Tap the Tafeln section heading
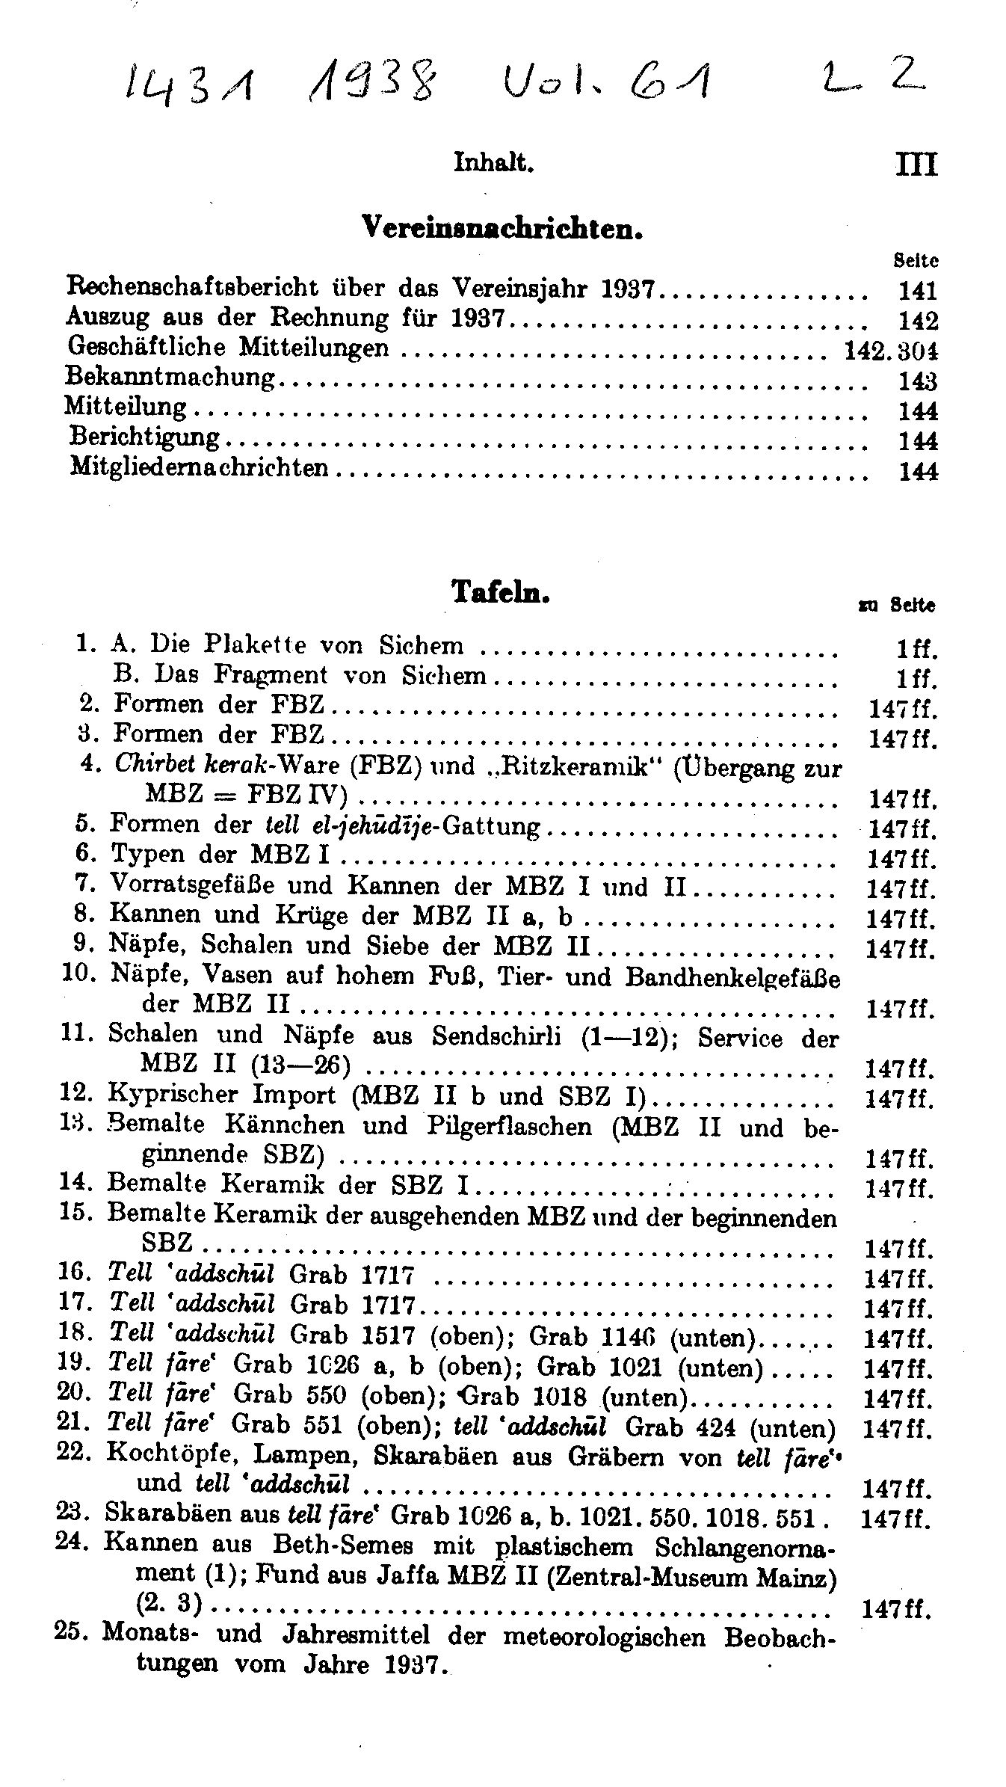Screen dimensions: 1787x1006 [x=501, y=591]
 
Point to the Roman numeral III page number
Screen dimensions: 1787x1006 [x=915, y=164]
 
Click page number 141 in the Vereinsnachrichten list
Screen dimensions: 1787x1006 [x=917, y=291]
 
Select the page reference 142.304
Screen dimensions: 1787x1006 [x=890, y=351]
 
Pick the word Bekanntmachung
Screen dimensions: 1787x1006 [x=171, y=377]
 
